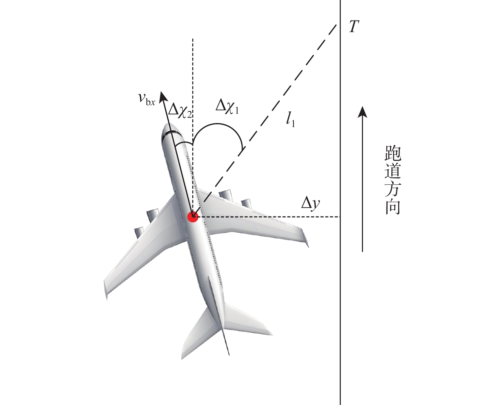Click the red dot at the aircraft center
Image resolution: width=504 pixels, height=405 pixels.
[193, 217]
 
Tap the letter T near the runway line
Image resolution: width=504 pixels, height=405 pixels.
[354, 26]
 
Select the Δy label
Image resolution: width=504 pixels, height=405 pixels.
[310, 204]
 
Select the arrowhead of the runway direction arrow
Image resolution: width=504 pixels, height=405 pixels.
[363, 112]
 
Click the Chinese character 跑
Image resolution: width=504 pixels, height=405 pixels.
[393, 153]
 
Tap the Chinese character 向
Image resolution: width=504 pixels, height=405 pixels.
[393, 207]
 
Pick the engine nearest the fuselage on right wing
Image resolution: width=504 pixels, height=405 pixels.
[225, 194]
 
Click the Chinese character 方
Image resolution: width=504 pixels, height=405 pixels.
[393, 189]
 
